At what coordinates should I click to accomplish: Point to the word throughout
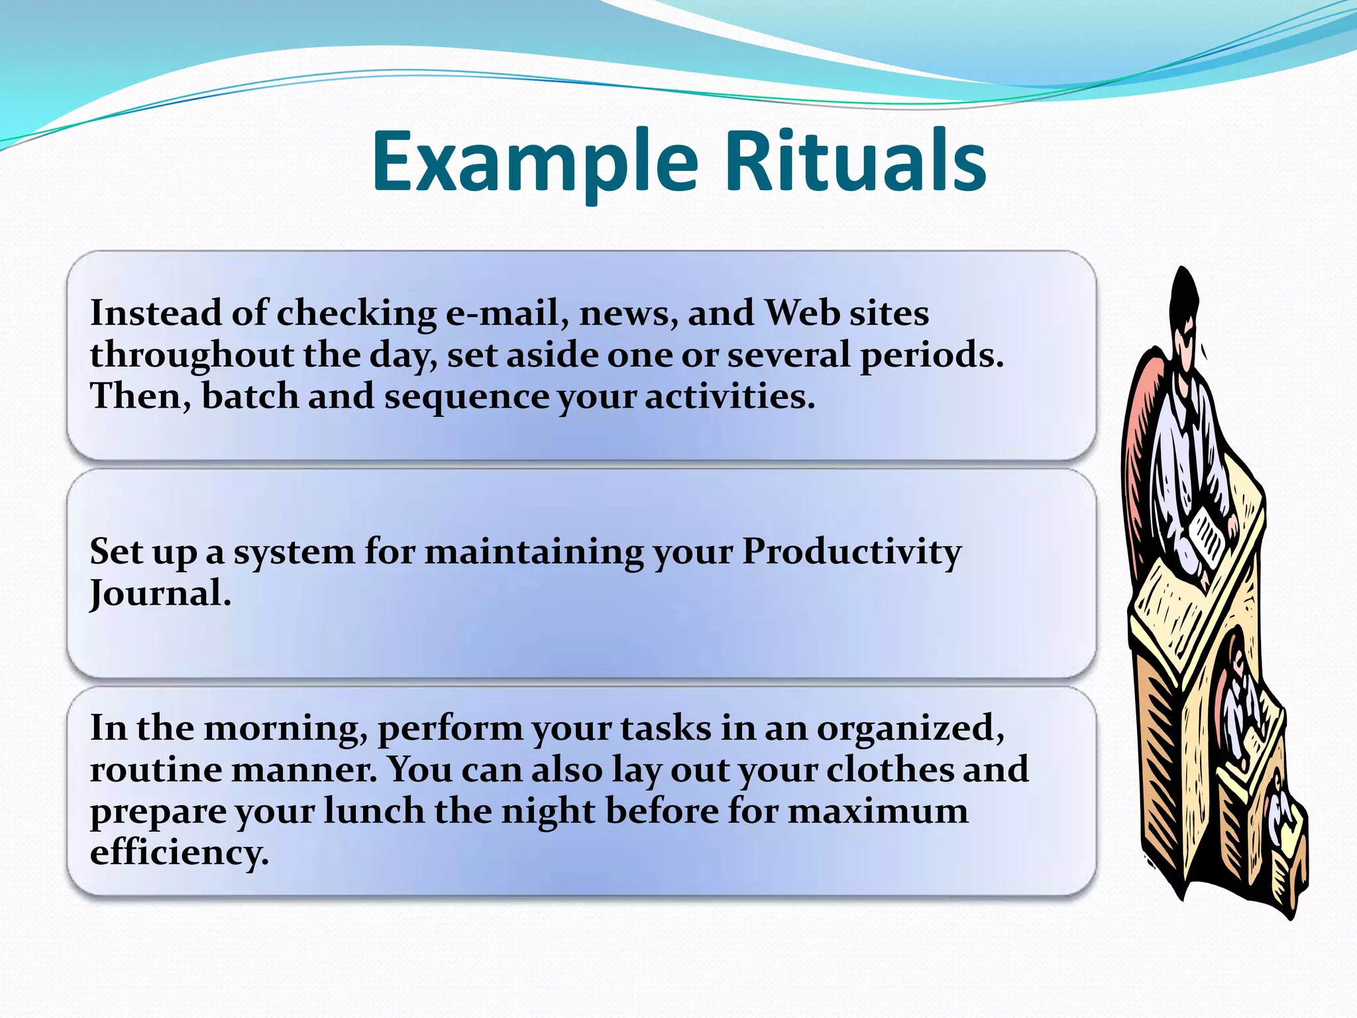click(x=191, y=356)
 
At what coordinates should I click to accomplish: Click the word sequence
click(x=466, y=398)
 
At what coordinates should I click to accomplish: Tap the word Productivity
click(x=851, y=551)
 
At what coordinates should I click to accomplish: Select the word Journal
click(x=160, y=593)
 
